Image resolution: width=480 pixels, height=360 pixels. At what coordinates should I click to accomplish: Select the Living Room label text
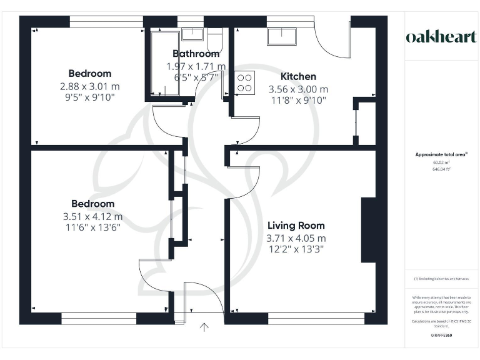(x=296, y=226)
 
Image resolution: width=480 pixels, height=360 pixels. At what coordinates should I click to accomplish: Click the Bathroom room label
(x=196, y=54)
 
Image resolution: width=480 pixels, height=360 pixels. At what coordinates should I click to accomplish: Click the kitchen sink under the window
(x=281, y=37)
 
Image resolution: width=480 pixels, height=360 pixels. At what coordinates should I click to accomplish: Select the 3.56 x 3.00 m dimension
(x=297, y=89)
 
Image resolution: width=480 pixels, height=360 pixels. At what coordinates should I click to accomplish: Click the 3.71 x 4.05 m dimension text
(x=296, y=238)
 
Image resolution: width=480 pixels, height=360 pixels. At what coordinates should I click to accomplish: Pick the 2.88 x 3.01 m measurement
(x=89, y=86)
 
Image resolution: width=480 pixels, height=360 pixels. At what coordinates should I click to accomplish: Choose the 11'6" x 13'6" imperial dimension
(x=92, y=227)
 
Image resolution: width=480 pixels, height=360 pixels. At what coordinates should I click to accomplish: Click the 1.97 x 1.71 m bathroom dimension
(x=196, y=66)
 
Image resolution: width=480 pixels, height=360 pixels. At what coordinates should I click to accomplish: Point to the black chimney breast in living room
(x=368, y=230)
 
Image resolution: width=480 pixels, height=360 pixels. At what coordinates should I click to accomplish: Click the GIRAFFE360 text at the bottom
(x=441, y=336)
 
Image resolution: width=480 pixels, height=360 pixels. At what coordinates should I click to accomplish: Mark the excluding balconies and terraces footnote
(x=441, y=279)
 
